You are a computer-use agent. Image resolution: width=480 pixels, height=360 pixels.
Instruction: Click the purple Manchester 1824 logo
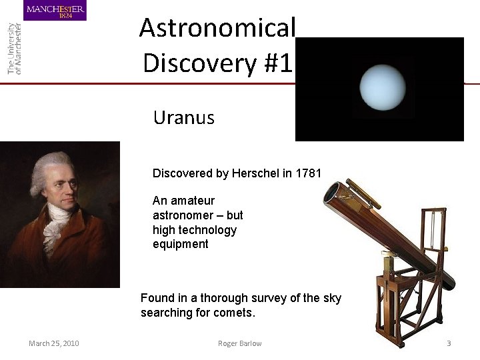(x=55, y=11)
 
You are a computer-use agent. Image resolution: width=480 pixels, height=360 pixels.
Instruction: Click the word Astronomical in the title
(x=217, y=28)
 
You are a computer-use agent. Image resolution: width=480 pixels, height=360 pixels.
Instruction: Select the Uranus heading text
(x=183, y=118)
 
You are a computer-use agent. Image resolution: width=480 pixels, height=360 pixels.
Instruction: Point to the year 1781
(x=308, y=173)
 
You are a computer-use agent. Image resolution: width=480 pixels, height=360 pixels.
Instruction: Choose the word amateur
(x=193, y=201)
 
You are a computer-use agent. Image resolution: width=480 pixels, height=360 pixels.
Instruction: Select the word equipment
(x=180, y=244)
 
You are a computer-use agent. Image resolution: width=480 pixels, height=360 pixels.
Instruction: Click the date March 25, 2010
(x=53, y=343)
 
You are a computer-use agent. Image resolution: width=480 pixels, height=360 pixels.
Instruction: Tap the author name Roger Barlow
(x=239, y=343)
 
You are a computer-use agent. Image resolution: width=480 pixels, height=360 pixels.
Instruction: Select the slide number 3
(x=449, y=343)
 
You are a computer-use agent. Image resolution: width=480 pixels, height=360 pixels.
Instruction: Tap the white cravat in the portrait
(x=55, y=227)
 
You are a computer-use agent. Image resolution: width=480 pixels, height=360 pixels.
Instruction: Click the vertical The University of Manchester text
(x=14, y=48)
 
